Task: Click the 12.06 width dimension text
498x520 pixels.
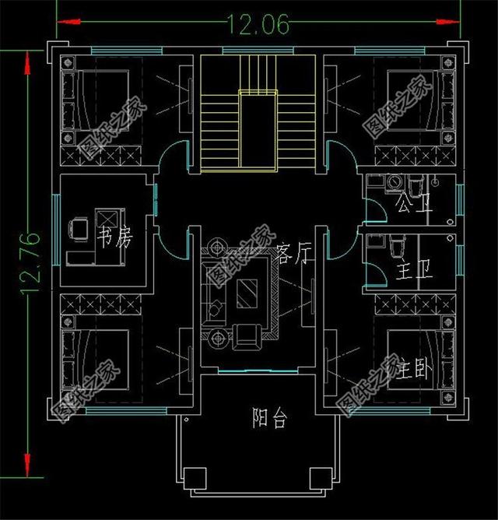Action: pyautogui.click(x=258, y=24)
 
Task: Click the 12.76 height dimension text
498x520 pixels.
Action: pyautogui.click(x=30, y=263)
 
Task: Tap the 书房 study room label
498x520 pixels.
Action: pyautogui.click(x=114, y=237)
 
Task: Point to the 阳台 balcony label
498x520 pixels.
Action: pyautogui.click(x=269, y=418)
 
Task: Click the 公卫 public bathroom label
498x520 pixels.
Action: pyautogui.click(x=414, y=204)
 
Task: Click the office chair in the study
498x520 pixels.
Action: pyautogui.click(x=79, y=229)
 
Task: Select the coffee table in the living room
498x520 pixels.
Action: pyautogui.click(x=247, y=293)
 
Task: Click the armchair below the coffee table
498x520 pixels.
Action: pyautogui.click(x=247, y=337)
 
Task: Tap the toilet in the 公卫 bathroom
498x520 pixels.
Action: pyautogui.click(x=415, y=187)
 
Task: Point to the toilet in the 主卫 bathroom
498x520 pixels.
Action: pyautogui.click(x=397, y=246)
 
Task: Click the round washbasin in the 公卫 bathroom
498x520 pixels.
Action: pyautogui.click(x=395, y=181)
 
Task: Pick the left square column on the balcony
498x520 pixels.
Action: pyautogui.click(x=195, y=479)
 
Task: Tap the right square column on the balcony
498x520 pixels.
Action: pyautogui.click(x=321, y=479)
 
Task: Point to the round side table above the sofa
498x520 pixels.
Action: pyautogui.click(x=217, y=247)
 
